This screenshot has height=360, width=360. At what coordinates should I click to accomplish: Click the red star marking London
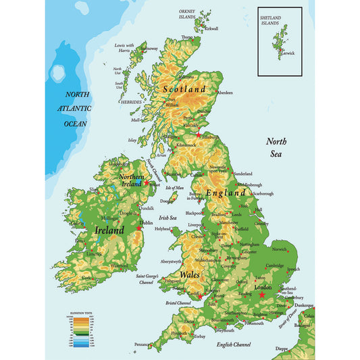coord(262,294)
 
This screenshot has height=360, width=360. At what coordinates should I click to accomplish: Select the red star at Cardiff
coord(199,296)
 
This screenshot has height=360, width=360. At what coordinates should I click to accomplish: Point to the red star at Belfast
coord(147,183)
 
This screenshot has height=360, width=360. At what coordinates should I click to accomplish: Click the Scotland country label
coord(184,89)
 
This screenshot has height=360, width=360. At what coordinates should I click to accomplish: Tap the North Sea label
coord(276,147)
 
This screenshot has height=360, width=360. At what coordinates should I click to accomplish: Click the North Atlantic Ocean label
coord(75,109)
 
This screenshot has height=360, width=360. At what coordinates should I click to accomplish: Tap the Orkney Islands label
coord(186,15)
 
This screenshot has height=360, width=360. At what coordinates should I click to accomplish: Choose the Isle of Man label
coord(174,188)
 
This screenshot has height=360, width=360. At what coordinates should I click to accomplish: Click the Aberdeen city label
coord(224,93)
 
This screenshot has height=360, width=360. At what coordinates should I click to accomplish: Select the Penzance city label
coord(143,344)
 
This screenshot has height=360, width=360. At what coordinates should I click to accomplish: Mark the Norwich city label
coord(279,249)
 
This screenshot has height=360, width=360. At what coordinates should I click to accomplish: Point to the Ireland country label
coord(109,230)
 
